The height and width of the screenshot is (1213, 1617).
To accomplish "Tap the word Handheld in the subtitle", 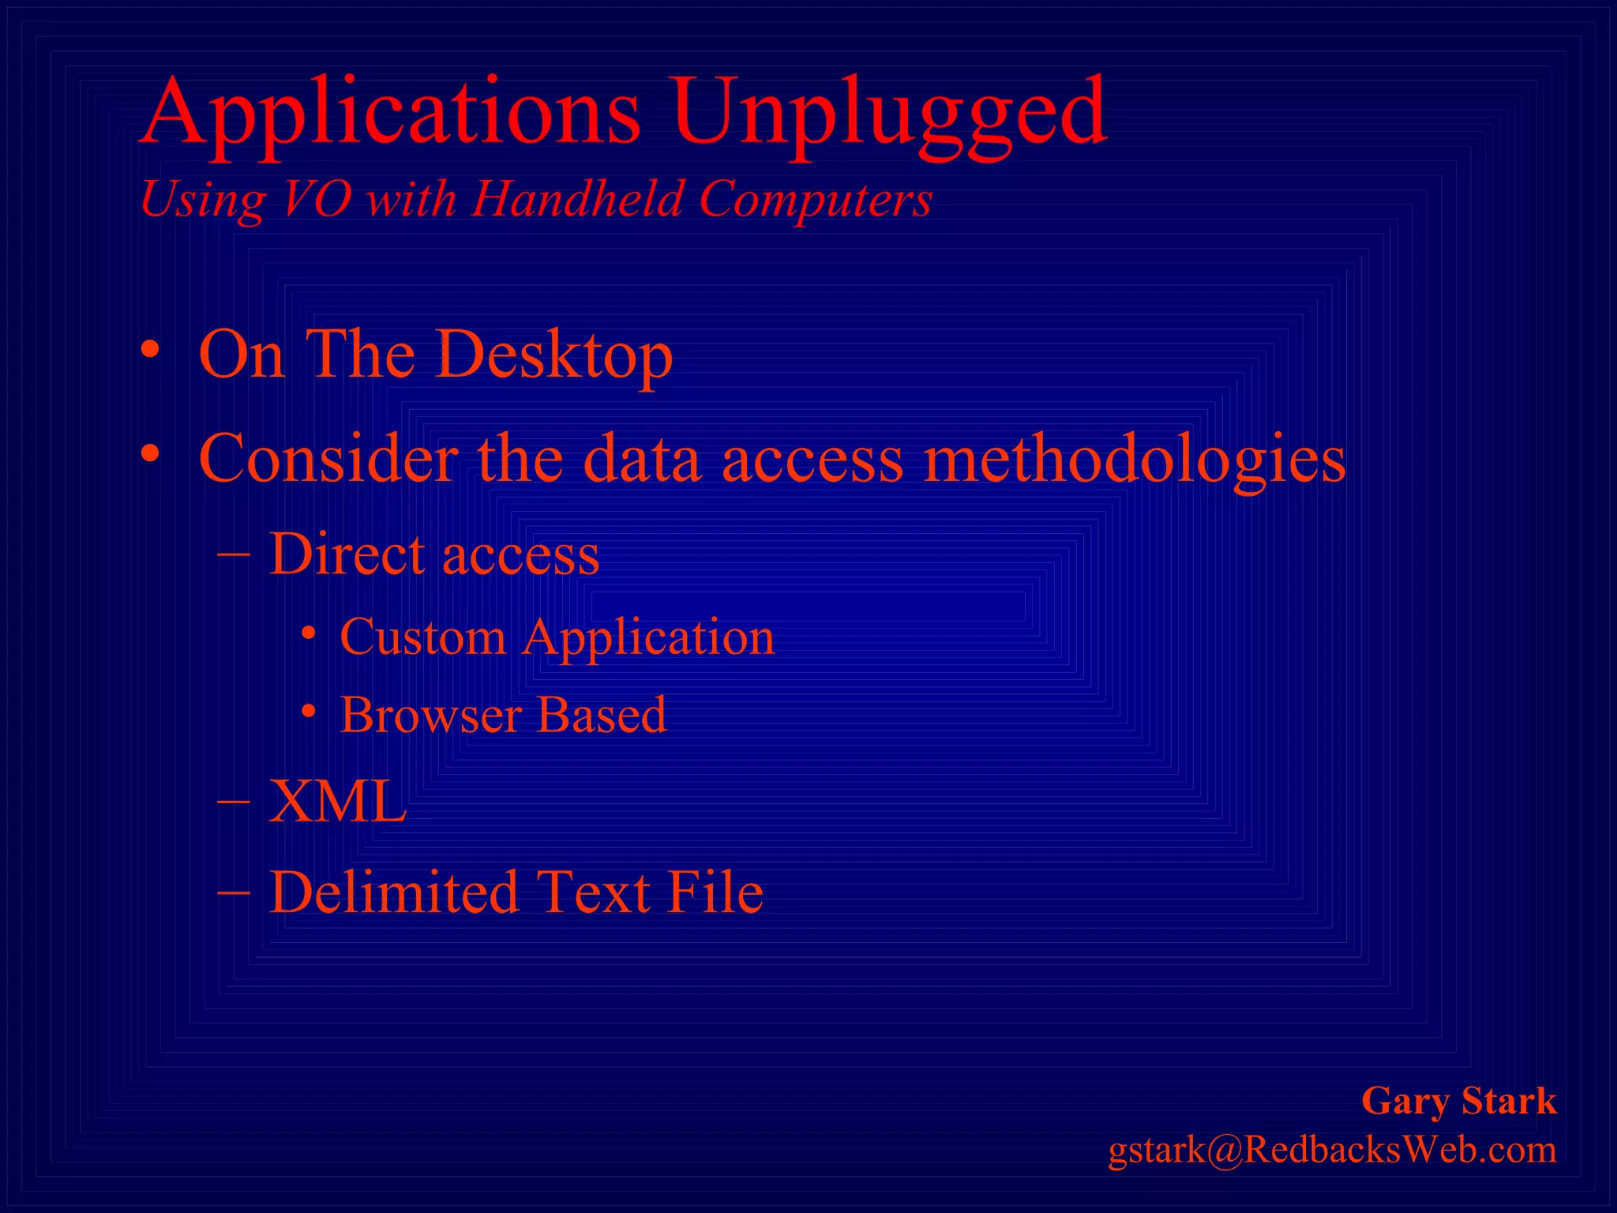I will [577, 198].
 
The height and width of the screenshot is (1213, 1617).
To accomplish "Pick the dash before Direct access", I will [234, 555].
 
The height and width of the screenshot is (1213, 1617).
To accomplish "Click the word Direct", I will [348, 554].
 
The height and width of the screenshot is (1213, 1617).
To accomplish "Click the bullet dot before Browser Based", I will [309, 712].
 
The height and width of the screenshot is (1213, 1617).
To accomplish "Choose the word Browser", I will [431, 715].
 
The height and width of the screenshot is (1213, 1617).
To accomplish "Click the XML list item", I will [337, 802].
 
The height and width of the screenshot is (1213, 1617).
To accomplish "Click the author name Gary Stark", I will [1459, 1101].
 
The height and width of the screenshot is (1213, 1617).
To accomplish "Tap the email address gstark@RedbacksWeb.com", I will [1332, 1150].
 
